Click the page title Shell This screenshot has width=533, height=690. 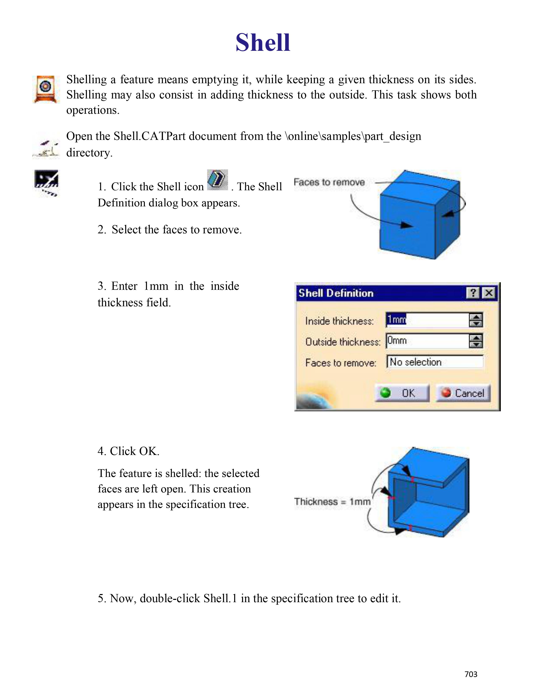[263, 43]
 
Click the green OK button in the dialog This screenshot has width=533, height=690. [402, 393]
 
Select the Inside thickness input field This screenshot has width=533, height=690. [427, 320]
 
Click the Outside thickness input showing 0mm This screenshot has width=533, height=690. [427, 341]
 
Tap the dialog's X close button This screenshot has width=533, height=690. [489, 293]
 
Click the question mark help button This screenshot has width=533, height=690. [473, 293]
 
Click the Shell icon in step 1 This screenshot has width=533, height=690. [218, 180]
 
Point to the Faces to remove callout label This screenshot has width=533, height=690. [329, 182]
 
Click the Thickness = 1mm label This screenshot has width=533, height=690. [332, 502]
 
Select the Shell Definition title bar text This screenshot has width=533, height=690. [336, 293]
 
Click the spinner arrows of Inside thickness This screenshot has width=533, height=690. [476, 320]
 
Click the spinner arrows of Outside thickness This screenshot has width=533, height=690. [476, 341]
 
